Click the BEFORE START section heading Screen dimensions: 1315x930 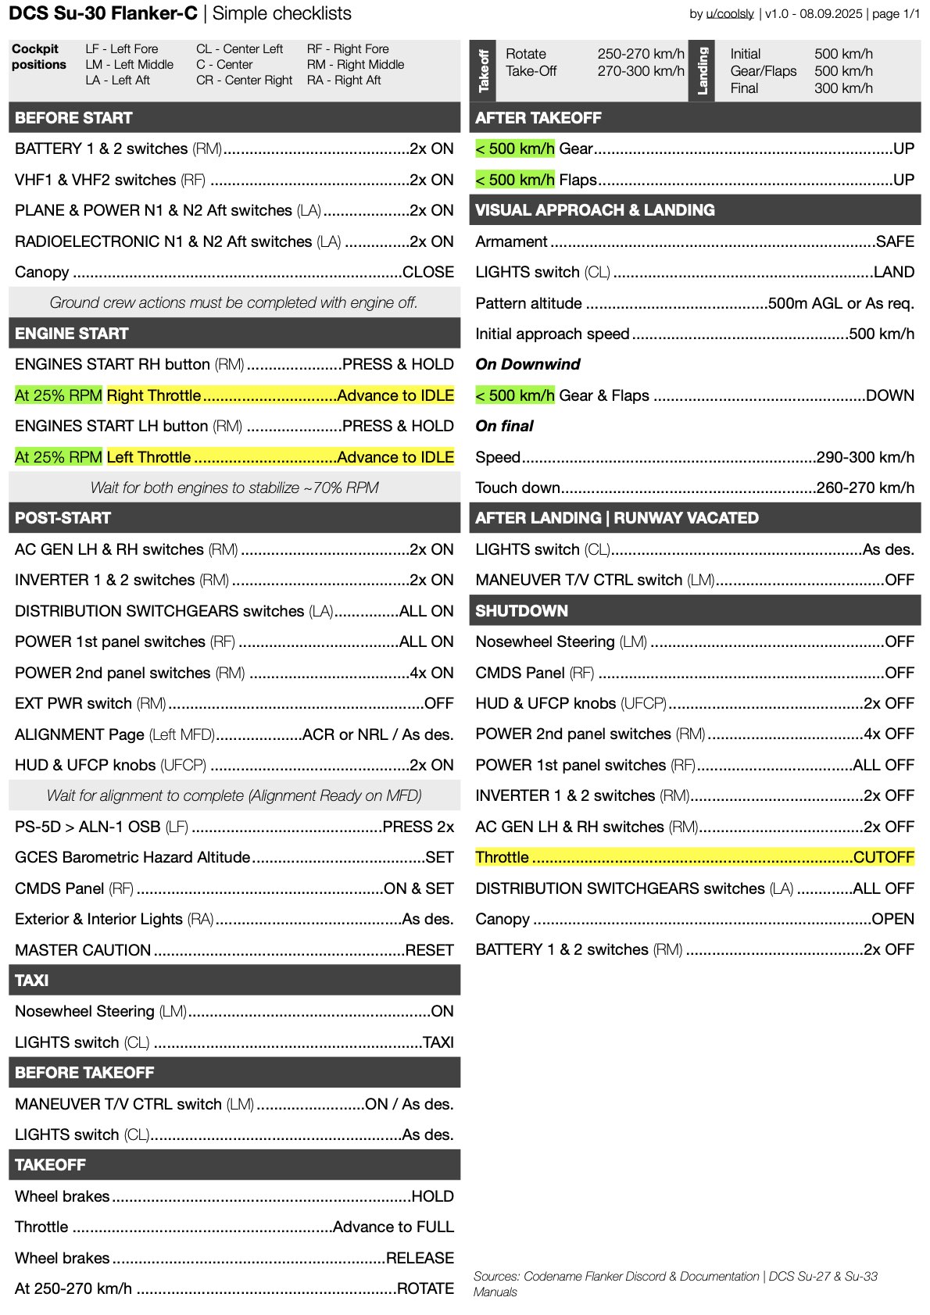click(73, 118)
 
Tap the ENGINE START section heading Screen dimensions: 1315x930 click(71, 334)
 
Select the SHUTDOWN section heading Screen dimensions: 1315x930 click(521, 611)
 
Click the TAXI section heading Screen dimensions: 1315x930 click(31, 981)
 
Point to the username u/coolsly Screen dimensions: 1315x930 click(729, 14)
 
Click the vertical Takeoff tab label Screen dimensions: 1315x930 click(484, 70)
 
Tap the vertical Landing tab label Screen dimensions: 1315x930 click(702, 70)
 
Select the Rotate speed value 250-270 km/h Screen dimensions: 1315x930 click(641, 54)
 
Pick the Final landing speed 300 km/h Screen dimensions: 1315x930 click(843, 88)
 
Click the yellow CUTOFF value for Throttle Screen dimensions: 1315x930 click(883, 857)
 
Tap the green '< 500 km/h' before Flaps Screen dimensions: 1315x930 click(515, 180)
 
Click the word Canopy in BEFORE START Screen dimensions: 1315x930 click(41, 272)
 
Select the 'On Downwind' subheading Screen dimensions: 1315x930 click(528, 364)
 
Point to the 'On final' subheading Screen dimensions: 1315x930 click(504, 426)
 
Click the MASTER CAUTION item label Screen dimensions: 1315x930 click(83, 950)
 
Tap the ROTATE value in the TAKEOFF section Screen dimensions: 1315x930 click(425, 1288)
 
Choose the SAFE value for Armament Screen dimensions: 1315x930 click(895, 241)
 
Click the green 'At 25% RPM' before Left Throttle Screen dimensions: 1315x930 click(59, 457)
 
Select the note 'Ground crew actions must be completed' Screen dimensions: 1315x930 click(234, 302)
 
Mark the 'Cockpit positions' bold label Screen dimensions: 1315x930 click(38, 57)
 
